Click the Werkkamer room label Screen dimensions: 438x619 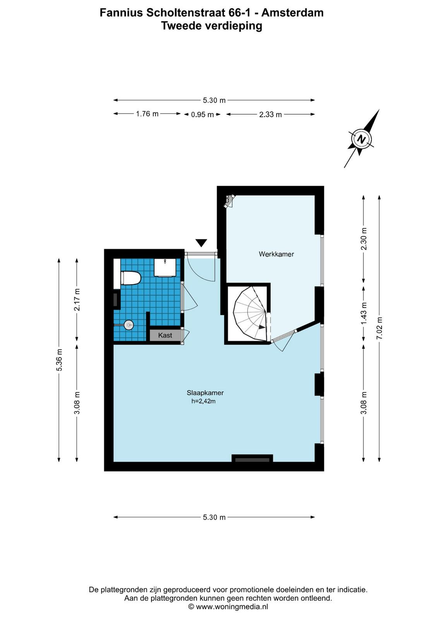[x=276, y=254]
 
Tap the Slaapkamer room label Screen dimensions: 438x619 [x=205, y=393]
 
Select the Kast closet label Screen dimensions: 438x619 [x=165, y=335]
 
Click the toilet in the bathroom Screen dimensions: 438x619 [x=131, y=278]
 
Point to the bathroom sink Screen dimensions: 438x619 [x=165, y=267]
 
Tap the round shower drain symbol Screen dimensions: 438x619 [x=129, y=325]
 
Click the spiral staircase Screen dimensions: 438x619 [x=250, y=314]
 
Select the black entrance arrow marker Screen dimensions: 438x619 [x=201, y=243]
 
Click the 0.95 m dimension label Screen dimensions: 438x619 [x=202, y=115]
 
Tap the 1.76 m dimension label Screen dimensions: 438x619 [x=147, y=114]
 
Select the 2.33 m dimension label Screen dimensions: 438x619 [x=270, y=115]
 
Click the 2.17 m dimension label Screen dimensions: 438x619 [x=77, y=300]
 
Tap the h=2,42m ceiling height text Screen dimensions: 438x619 [x=204, y=401]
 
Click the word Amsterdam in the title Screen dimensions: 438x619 [x=293, y=13]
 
